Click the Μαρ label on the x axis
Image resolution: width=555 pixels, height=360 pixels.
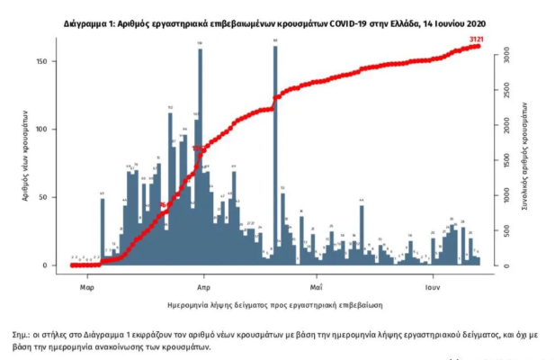point(86,287)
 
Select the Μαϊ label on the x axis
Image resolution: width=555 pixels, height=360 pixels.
point(315,287)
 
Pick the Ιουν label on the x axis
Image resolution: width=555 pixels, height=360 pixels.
point(432,287)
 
